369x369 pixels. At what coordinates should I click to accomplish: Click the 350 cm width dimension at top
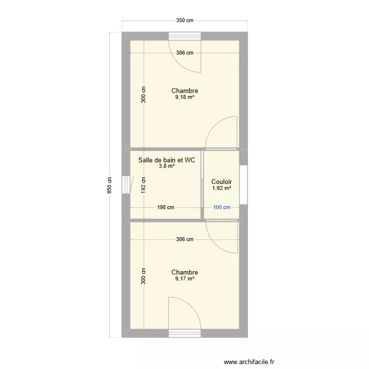click(185, 21)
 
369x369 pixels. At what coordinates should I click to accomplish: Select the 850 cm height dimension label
click(110, 185)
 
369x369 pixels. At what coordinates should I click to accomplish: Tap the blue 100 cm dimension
click(222, 208)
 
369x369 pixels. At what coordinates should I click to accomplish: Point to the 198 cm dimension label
click(165, 208)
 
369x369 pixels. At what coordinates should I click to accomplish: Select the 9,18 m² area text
click(184, 97)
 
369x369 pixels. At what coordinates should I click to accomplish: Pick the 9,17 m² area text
click(184, 279)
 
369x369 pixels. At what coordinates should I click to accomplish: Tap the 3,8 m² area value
click(167, 166)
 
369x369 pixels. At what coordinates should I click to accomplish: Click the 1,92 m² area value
click(222, 188)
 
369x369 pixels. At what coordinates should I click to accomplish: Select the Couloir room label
click(222, 182)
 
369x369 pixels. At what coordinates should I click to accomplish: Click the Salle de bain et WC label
click(167, 160)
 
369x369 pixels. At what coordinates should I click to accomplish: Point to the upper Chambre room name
click(184, 91)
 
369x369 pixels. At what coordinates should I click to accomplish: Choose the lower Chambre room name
click(184, 272)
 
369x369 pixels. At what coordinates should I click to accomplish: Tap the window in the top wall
click(184, 36)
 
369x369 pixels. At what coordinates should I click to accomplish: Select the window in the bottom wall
click(184, 333)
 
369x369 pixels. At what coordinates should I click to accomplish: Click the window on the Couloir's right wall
click(243, 184)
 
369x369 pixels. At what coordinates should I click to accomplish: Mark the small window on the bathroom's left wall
click(126, 184)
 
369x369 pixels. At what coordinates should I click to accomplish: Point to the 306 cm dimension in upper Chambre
click(184, 53)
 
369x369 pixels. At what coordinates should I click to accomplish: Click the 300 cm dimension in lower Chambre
click(144, 276)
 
